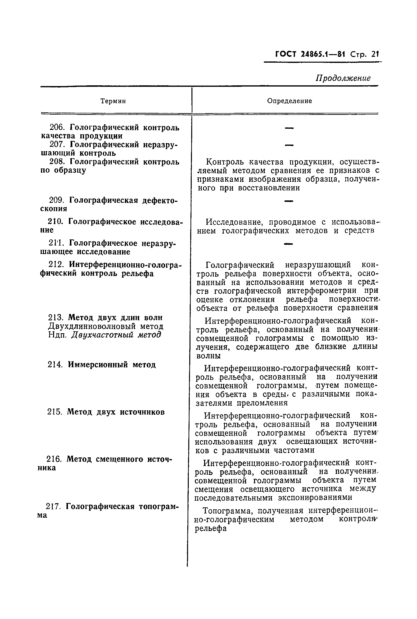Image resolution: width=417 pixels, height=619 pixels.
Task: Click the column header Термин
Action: (113, 101)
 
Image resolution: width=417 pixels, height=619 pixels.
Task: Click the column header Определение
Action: (289, 101)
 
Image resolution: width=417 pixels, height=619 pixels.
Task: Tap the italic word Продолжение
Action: (343, 78)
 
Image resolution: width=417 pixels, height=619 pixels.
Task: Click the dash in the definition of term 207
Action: (289, 145)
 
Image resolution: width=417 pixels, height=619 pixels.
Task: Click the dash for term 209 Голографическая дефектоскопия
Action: (289, 201)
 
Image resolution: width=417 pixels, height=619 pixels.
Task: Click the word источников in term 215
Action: (142, 412)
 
